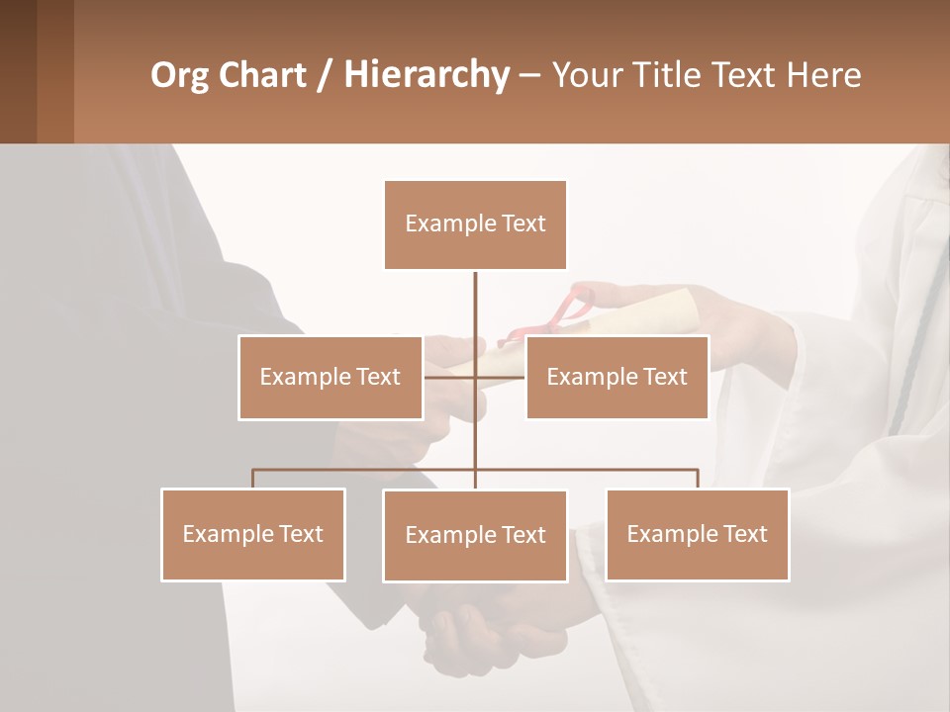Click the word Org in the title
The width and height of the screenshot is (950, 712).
(x=179, y=75)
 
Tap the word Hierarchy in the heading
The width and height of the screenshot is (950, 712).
(x=427, y=75)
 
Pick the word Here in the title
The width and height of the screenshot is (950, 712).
(x=823, y=75)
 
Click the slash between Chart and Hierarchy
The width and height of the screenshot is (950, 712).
(x=325, y=75)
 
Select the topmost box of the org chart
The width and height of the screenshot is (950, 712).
(x=475, y=224)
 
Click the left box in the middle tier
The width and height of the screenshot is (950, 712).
(x=330, y=377)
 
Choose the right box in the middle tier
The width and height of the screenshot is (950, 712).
(x=617, y=377)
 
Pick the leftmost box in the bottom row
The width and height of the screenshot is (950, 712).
(x=252, y=534)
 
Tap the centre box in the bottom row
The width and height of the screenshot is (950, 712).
(x=475, y=535)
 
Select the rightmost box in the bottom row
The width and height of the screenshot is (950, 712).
(x=697, y=534)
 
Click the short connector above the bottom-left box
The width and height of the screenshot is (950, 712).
(x=252, y=479)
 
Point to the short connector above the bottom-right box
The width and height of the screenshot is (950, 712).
(x=698, y=479)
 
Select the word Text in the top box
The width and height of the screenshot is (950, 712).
(x=523, y=223)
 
